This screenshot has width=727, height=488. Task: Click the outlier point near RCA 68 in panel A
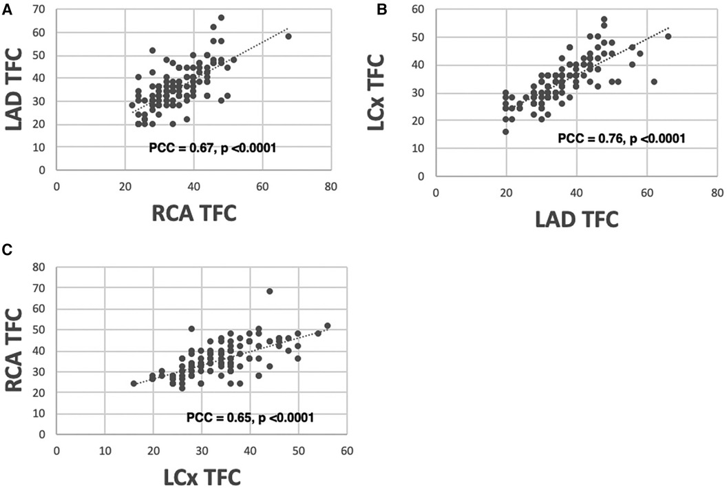[288, 37]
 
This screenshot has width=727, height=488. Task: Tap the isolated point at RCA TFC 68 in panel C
[269, 291]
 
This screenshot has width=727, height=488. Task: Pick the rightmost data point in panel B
[668, 37]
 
